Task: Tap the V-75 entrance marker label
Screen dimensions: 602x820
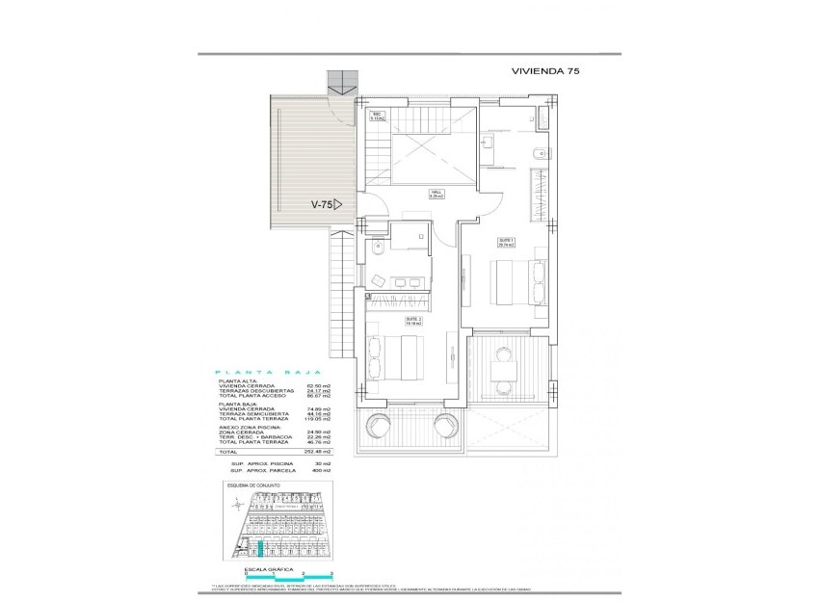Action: point(325,204)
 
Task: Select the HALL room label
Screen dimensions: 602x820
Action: point(435,195)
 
